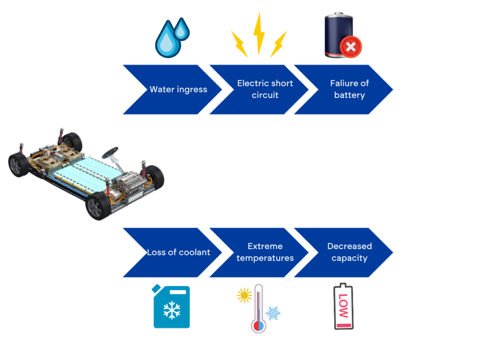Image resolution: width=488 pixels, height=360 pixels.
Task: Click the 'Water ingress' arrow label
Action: pyautogui.click(x=178, y=90)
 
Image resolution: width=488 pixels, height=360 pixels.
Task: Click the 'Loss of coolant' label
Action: pyautogui.click(x=178, y=252)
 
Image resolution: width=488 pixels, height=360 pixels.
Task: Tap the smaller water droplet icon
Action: pyautogui.click(x=181, y=30)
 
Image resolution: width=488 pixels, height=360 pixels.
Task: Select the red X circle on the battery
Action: pyautogui.click(x=351, y=47)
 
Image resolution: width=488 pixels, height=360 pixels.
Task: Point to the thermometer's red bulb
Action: pyautogui.click(x=258, y=326)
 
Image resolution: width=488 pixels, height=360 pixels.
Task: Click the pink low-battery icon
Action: pyautogui.click(x=344, y=307)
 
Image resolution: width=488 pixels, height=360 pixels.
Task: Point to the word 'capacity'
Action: pyautogui.click(x=349, y=258)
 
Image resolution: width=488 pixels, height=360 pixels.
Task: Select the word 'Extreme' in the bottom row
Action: pyautogui.click(x=265, y=246)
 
